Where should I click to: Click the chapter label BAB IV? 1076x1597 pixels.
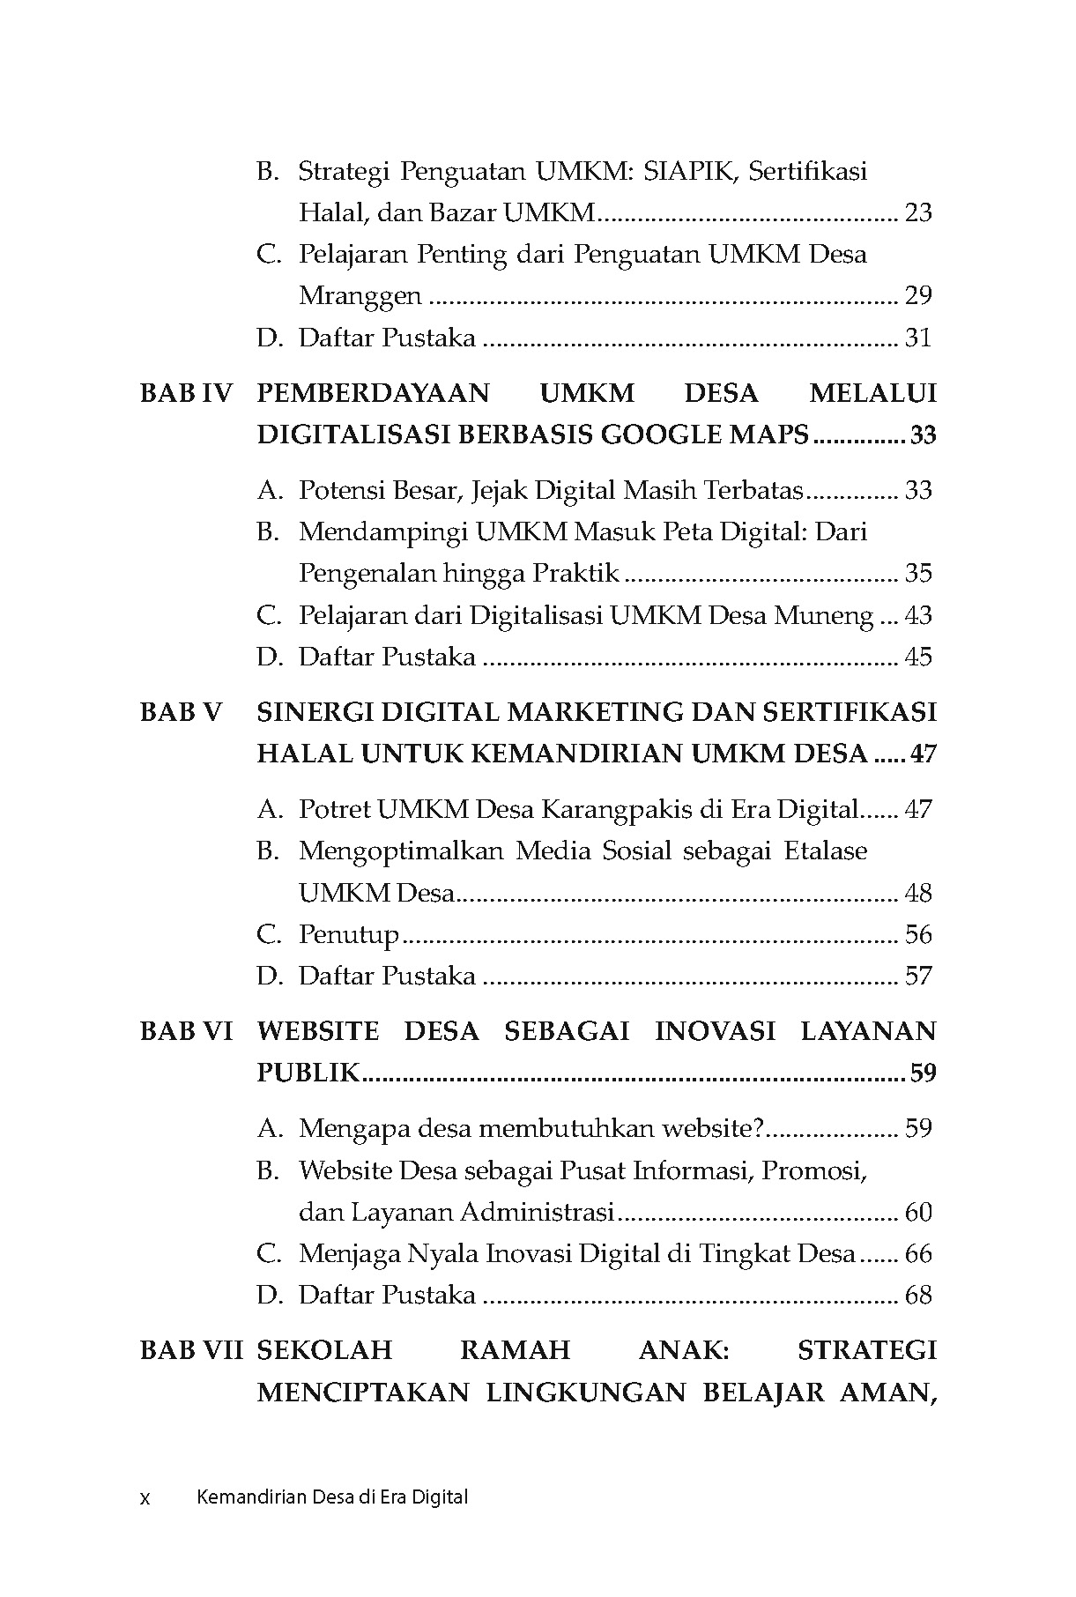click(185, 393)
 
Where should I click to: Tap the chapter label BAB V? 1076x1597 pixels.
click(182, 712)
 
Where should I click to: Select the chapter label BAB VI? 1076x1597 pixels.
click(185, 1031)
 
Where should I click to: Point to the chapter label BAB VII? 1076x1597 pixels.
click(190, 1350)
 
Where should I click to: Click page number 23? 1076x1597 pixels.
click(918, 212)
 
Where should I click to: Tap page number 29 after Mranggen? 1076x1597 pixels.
click(918, 295)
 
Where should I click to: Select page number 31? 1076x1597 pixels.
click(918, 338)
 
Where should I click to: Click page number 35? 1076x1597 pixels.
click(918, 574)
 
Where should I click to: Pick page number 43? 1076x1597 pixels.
click(918, 615)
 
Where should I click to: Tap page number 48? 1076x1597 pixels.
click(918, 893)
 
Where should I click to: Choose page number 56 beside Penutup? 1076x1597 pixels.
click(918, 934)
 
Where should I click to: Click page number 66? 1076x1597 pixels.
click(918, 1254)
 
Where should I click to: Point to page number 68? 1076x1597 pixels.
click(918, 1296)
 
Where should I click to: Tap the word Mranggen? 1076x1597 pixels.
click(360, 296)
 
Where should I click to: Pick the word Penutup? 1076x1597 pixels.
click(348, 935)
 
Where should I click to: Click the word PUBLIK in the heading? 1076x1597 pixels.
click(308, 1073)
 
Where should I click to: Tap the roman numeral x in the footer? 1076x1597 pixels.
click(145, 1497)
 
